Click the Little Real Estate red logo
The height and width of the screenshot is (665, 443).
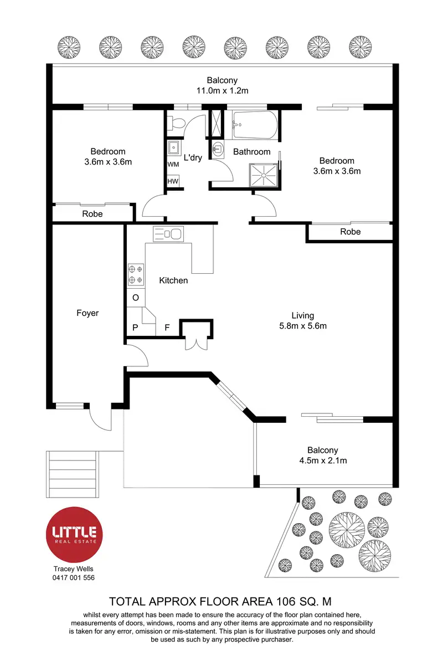[x=74, y=533]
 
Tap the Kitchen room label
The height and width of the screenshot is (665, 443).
[x=173, y=280]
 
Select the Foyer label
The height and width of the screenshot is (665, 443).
[x=87, y=313]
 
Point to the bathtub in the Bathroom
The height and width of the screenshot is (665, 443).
[x=255, y=125]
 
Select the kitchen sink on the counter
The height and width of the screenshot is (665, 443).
[x=167, y=234]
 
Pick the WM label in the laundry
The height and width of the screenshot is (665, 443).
[x=173, y=165]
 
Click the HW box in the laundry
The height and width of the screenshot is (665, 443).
[x=173, y=182]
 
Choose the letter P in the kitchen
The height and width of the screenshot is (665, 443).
[x=135, y=328]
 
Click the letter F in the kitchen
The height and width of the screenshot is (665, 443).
[x=167, y=328]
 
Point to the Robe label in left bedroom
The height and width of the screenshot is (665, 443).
[x=92, y=214]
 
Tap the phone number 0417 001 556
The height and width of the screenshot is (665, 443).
[x=74, y=577]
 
